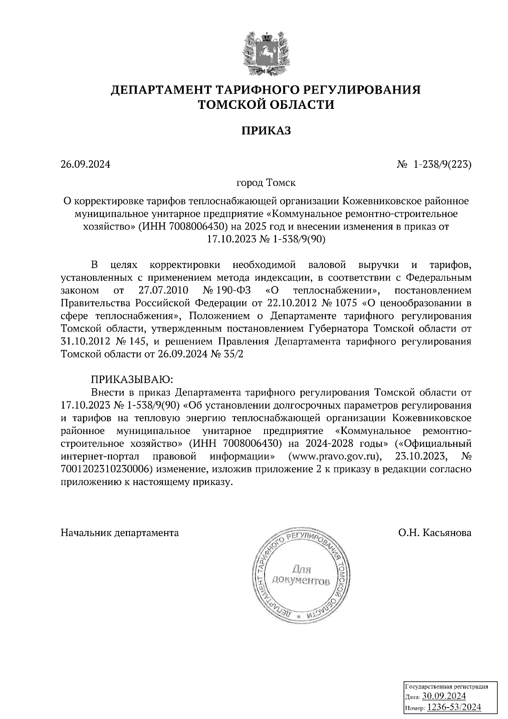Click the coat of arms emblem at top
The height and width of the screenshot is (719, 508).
266,53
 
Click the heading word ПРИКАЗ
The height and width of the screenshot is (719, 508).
266,130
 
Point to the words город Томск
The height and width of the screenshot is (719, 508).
266,183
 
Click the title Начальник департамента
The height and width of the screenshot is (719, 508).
120,533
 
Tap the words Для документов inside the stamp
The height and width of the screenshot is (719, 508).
301,574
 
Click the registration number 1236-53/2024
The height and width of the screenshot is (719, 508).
454,707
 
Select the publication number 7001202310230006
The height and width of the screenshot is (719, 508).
106,469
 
